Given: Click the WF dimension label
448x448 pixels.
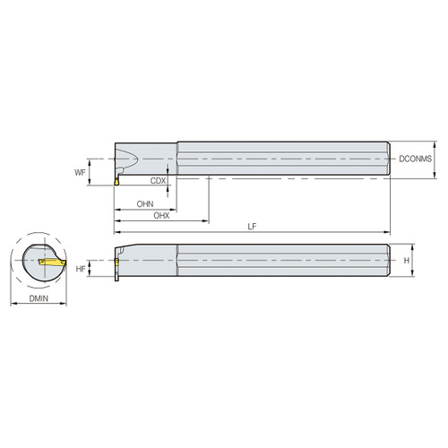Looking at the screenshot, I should [x=80, y=169].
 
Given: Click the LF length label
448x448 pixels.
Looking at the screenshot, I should [x=253, y=227].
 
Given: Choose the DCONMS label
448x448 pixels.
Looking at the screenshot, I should [x=415, y=159].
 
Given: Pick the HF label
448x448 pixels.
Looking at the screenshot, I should [x=80, y=268].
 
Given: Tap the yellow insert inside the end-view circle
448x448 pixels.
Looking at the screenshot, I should [x=52, y=264].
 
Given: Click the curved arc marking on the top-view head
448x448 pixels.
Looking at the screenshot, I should [x=130, y=162].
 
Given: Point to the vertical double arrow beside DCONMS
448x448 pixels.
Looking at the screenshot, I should [x=435, y=159].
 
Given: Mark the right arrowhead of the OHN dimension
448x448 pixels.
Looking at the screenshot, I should [x=174, y=209].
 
